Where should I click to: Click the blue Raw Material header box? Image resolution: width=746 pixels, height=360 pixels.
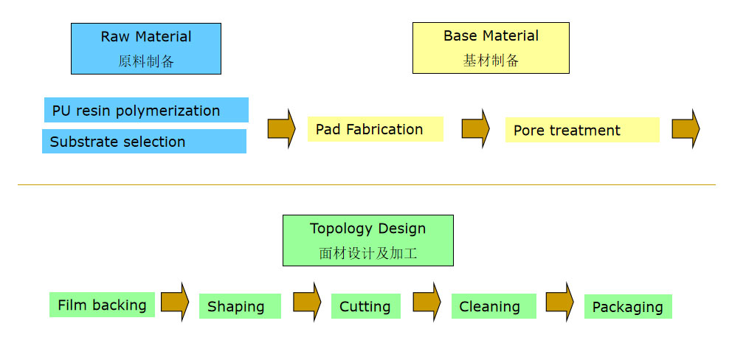click(x=146, y=49)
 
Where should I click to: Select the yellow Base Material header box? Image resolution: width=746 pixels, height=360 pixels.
click(x=491, y=47)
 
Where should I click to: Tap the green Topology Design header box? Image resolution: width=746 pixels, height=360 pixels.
click(x=367, y=240)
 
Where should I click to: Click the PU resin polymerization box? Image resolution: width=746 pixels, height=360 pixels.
click(x=147, y=110)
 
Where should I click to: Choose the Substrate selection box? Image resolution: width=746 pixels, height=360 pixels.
click(x=144, y=141)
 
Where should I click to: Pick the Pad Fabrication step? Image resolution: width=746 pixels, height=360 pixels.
click(x=376, y=129)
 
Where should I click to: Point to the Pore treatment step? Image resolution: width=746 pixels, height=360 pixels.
click(x=582, y=130)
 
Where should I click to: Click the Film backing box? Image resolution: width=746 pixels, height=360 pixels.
click(x=103, y=305)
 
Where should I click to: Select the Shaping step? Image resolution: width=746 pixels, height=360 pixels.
click(x=240, y=306)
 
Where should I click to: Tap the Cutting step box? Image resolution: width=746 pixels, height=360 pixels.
click(x=366, y=306)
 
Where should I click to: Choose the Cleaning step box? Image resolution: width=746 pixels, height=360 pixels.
click(x=494, y=306)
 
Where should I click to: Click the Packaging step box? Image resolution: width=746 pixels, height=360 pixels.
click(x=628, y=307)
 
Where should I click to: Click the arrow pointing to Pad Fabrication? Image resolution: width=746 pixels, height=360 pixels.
click(x=282, y=129)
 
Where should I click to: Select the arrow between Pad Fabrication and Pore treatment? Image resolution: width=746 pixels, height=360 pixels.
click(x=476, y=129)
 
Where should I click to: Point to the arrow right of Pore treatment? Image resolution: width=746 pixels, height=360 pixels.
click(x=685, y=129)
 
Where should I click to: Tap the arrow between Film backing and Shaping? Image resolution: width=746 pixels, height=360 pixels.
click(x=175, y=302)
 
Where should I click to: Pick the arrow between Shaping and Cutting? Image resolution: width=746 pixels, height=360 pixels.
click(x=307, y=302)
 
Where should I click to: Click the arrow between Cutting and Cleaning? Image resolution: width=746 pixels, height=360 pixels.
click(x=426, y=302)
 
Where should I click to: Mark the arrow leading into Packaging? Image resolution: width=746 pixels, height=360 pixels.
click(x=559, y=302)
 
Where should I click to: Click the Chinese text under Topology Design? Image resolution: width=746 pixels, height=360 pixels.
click(x=367, y=253)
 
